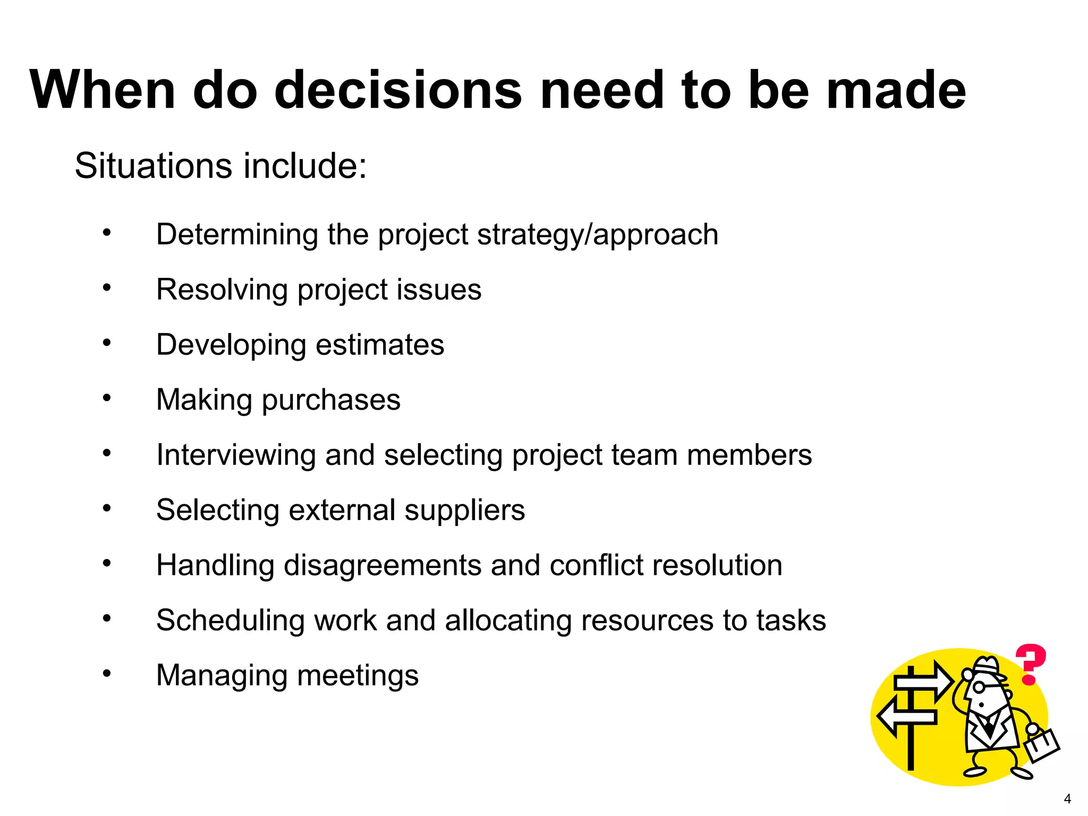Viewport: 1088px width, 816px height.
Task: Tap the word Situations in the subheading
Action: [154, 166]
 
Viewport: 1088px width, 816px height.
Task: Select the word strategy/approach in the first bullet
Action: [598, 235]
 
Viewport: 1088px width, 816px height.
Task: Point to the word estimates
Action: [380, 345]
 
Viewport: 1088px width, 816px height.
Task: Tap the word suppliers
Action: [464, 510]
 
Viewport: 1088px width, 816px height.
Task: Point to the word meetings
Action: [358, 676]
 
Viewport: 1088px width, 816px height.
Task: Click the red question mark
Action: [1030, 664]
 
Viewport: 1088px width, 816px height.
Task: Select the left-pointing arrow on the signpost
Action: [906, 717]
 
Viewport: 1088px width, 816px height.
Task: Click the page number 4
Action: [1067, 798]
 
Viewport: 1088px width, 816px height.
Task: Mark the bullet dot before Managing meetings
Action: [107, 673]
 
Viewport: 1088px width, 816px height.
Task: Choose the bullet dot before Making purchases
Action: [107, 397]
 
